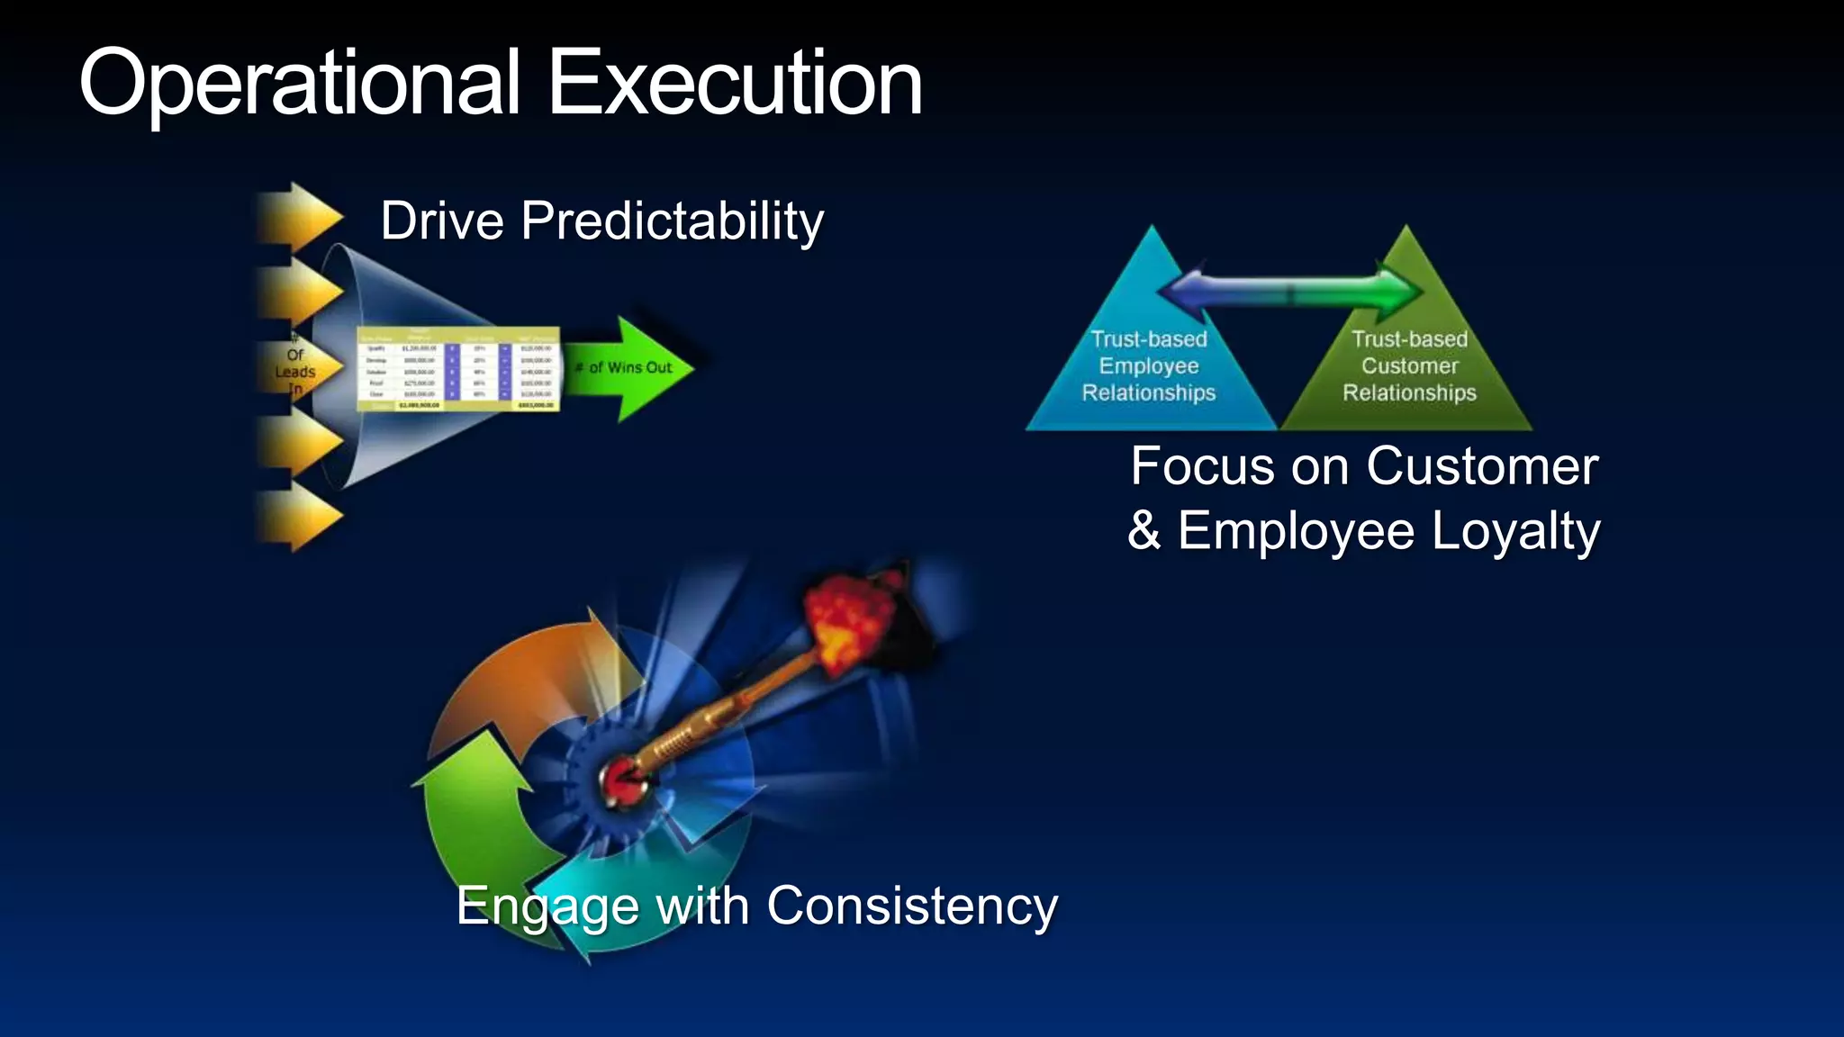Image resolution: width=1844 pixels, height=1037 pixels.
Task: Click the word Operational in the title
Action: tap(300, 83)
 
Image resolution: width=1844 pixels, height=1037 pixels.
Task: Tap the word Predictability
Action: tap(672, 221)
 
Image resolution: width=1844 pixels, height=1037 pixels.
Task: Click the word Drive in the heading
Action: tap(441, 221)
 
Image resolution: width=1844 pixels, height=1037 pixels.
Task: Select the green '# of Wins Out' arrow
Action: tap(630, 368)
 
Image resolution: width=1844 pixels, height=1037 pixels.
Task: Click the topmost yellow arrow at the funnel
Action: tap(300, 217)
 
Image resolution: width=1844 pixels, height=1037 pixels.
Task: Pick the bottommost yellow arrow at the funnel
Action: tap(300, 516)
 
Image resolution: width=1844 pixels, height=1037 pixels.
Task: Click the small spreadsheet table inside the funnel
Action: tap(457, 369)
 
